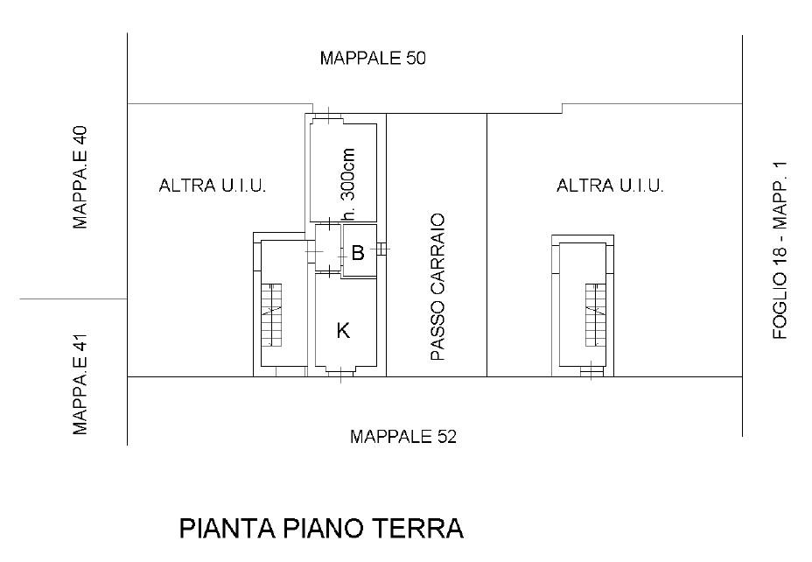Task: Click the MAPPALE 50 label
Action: [x=373, y=58]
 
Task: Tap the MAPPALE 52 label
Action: [x=403, y=437]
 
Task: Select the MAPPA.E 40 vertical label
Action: [x=80, y=178]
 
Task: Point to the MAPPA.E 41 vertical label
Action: [x=80, y=383]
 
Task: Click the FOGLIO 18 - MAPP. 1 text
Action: [x=780, y=250]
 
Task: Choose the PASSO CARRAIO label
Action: [x=437, y=287]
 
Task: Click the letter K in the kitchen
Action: [x=343, y=330]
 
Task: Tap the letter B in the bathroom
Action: [x=358, y=253]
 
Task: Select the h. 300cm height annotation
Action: [x=348, y=184]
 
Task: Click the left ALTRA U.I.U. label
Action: [x=213, y=186]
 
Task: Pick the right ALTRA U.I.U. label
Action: [x=610, y=186]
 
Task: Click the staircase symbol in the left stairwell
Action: [x=271, y=315]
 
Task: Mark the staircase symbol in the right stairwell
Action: [x=596, y=315]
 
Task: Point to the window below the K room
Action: [x=340, y=372]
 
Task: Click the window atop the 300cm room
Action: [x=328, y=117]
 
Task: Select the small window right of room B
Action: [x=381, y=249]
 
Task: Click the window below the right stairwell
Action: [x=591, y=371]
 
